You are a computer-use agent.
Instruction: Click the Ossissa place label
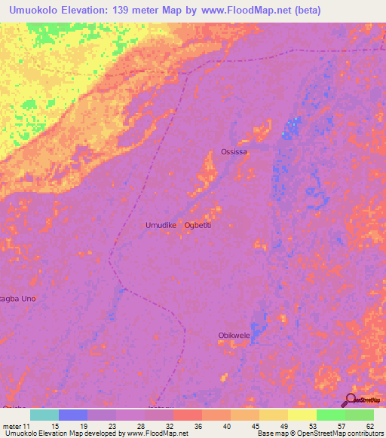tap(234, 152)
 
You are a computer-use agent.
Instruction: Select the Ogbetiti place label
tap(201, 225)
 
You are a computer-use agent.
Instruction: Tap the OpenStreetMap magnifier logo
tap(351, 400)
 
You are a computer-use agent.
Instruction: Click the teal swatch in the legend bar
tap(44, 415)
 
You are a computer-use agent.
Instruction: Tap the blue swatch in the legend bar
tap(73, 415)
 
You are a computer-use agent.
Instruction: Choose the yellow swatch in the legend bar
tap(302, 415)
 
